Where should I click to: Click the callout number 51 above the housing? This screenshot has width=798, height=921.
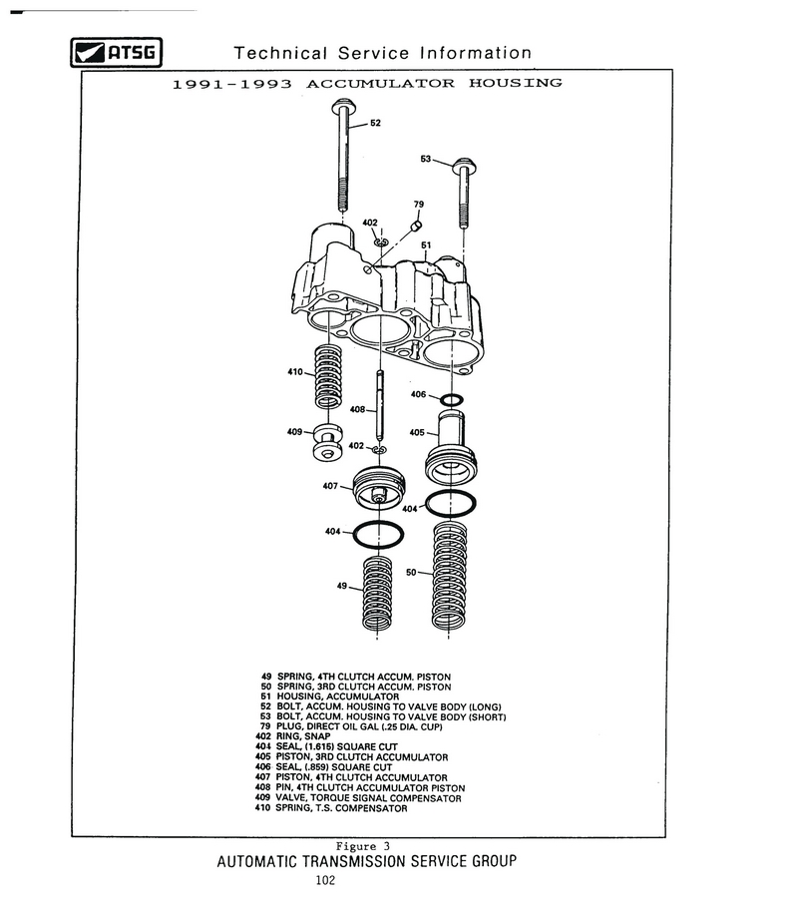tap(426, 245)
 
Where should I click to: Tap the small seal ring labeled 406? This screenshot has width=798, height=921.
tap(451, 401)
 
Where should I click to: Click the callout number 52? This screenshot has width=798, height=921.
tap(375, 124)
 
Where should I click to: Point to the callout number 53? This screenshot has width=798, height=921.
tap(427, 159)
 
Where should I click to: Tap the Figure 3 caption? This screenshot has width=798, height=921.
tap(369, 846)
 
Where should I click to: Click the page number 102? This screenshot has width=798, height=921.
tap(323, 880)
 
